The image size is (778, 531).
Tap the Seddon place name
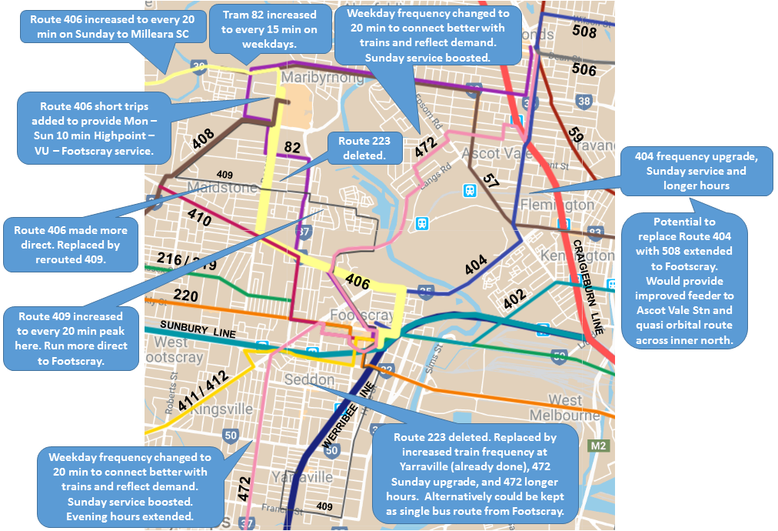[309, 380]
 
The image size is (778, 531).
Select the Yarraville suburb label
[304, 477]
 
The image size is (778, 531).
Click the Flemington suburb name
[557, 205]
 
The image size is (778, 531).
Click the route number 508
[584, 32]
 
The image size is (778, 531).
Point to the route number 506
[583, 69]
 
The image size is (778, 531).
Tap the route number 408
[203, 139]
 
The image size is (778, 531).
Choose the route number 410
[198, 219]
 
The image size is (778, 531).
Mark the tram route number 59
[575, 133]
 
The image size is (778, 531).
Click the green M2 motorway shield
[599, 446]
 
